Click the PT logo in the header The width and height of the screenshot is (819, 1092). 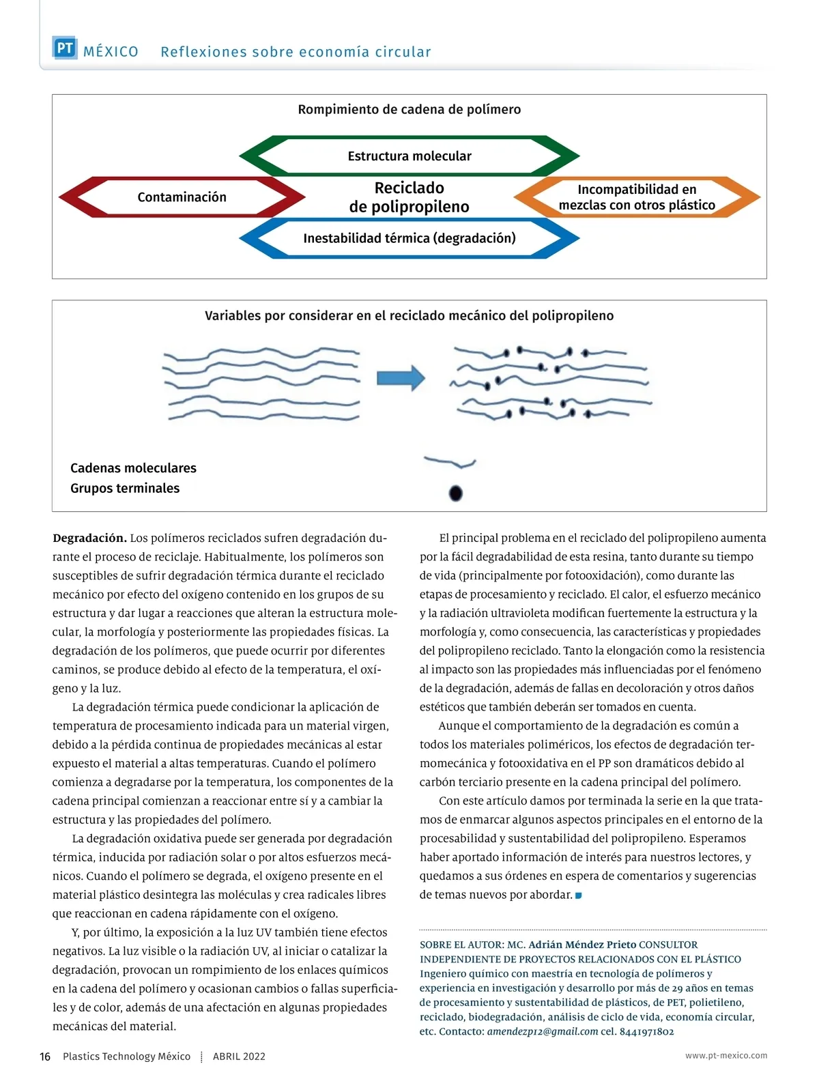coord(65,48)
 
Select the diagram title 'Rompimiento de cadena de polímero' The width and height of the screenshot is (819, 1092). coord(409,109)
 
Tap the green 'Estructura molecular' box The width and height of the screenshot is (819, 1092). coord(409,156)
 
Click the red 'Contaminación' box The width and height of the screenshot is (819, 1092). coord(182,197)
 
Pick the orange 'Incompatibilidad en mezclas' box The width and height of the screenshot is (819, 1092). coord(637,197)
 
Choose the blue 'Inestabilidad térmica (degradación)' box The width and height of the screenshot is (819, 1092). coord(409,238)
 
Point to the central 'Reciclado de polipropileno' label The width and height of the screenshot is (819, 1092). coord(409,197)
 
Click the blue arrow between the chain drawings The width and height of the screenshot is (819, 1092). coord(401,377)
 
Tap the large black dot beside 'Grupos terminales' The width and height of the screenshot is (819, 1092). coord(456,493)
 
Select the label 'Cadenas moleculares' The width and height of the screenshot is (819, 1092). coord(133,468)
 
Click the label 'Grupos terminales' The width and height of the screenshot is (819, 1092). coord(125,488)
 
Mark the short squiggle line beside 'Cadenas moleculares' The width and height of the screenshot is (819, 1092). coord(450,463)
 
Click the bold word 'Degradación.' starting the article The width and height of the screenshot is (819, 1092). coord(89,538)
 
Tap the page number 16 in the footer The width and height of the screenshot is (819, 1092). coord(45,1057)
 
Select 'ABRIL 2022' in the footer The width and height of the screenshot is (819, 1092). coord(239,1057)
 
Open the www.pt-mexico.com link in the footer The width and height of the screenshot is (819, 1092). coord(726,1055)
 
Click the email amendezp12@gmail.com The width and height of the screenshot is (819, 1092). coord(542,1031)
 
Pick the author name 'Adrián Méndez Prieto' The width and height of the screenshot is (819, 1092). coord(582,945)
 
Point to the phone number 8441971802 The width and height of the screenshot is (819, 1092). coord(646,1031)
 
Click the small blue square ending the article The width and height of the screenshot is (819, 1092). coord(578,895)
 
